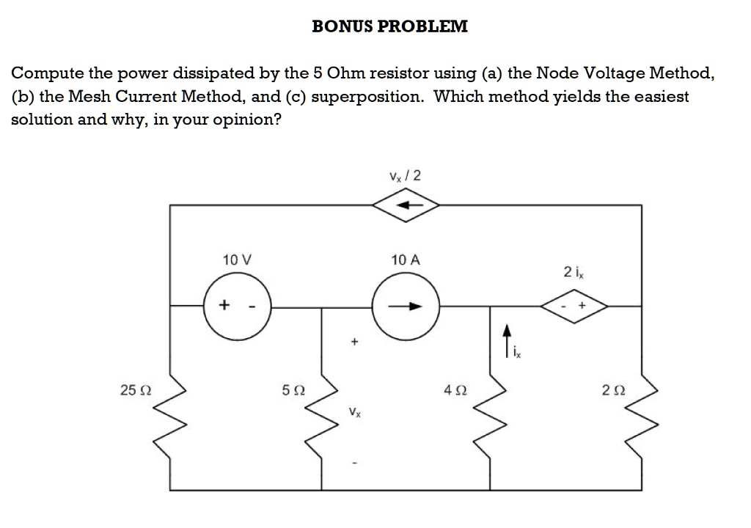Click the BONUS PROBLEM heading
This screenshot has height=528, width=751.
coord(389,26)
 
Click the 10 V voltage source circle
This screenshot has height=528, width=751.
coord(237,306)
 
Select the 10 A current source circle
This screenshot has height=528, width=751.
coord(406,306)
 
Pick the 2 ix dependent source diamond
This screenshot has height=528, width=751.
coord(574,307)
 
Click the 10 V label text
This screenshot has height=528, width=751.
coord(236,260)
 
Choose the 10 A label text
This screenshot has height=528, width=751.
coord(406,260)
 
